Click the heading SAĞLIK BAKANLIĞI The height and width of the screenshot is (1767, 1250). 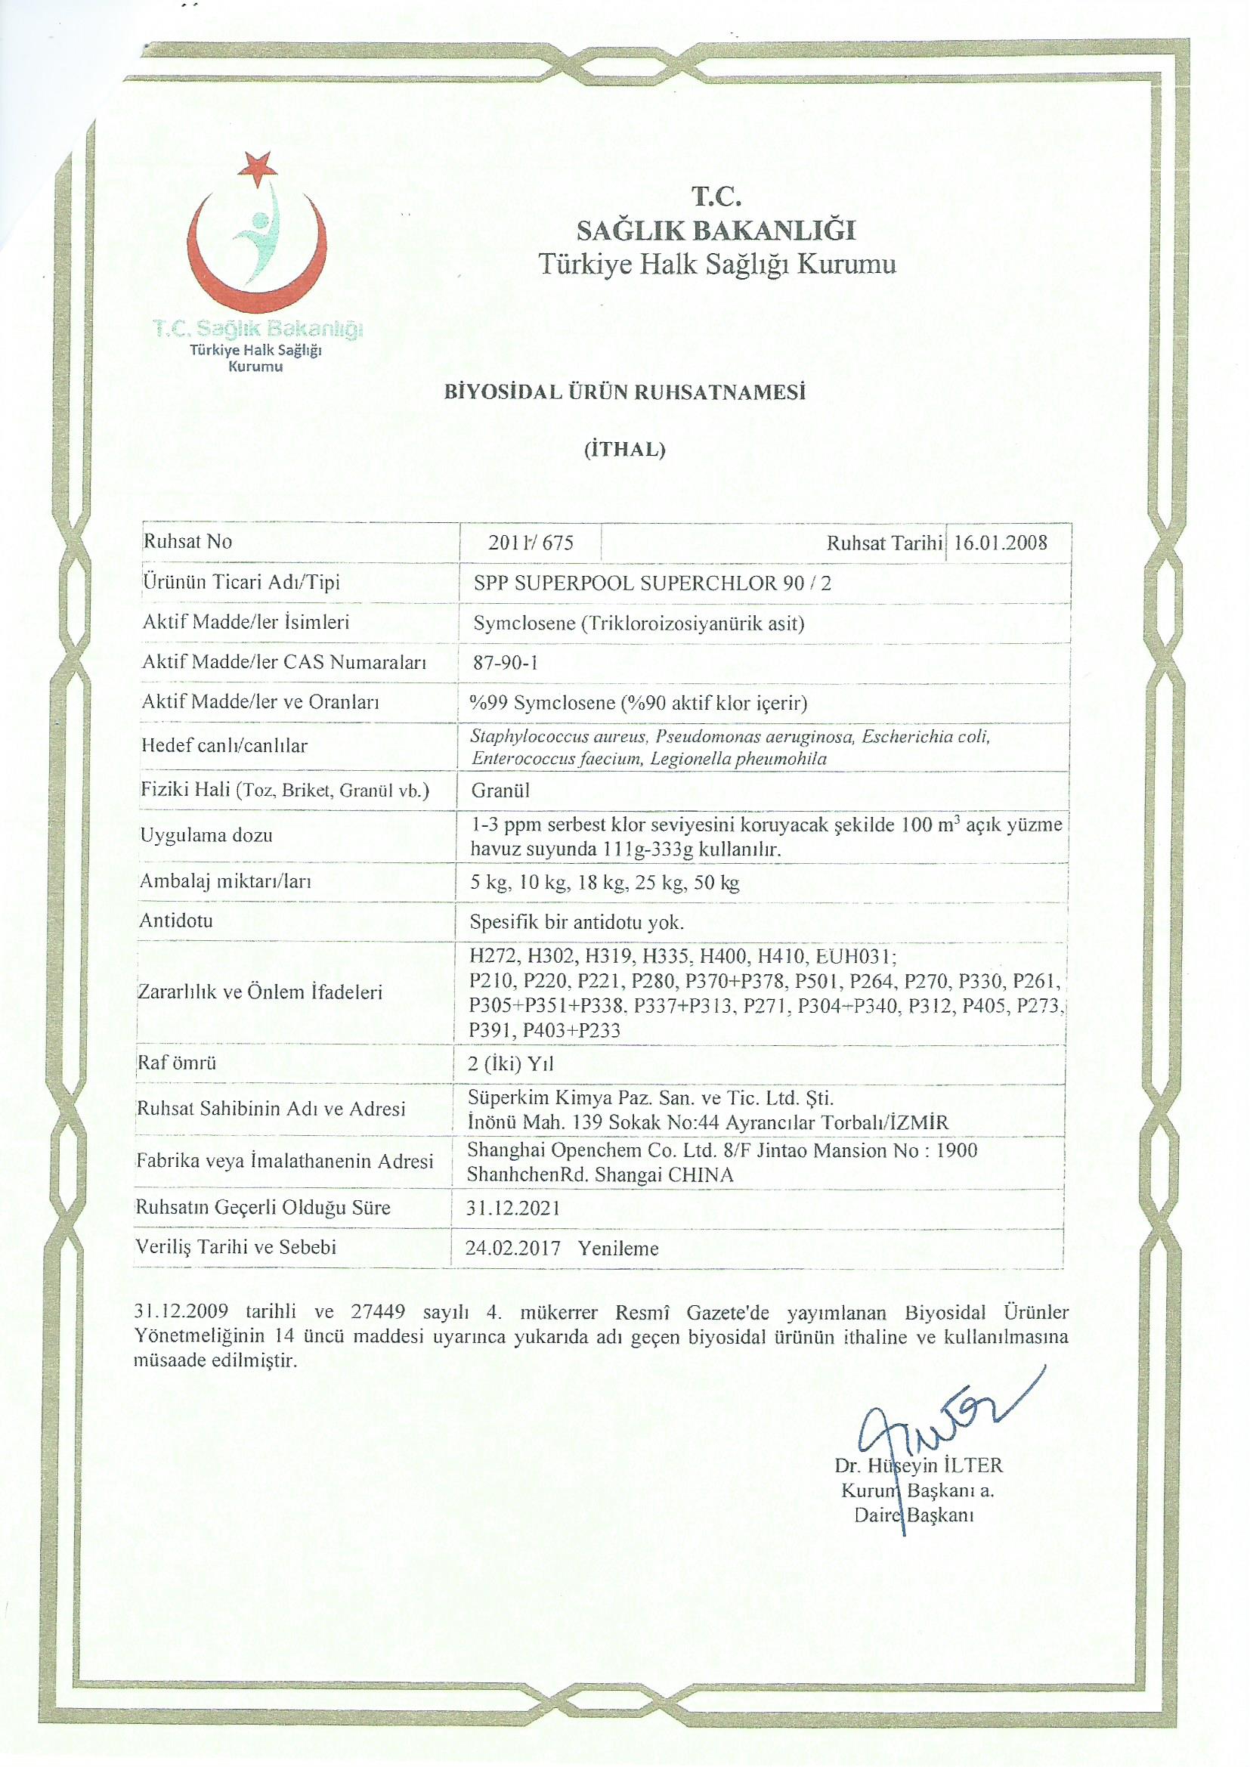pyautogui.click(x=716, y=230)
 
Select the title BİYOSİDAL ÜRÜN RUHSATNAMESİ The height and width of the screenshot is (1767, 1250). pyautogui.click(x=625, y=392)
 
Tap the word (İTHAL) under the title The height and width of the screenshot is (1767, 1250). pyautogui.click(x=625, y=450)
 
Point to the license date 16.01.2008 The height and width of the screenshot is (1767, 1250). pyautogui.click(x=1001, y=543)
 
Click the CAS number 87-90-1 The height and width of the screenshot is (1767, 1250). pyautogui.click(x=506, y=663)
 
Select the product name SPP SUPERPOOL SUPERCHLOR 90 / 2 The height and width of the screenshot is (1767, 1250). pyautogui.click(x=653, y=583)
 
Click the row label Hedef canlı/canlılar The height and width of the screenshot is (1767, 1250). pyautogui.click(x=224, y=745)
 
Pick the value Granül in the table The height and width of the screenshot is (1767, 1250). pyautogui.click(x=501, y=791)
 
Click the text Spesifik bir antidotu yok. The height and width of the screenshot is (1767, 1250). pyautogui.click(x=577, y=922)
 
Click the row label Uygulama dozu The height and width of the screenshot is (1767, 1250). pyautogui.click(x=206, y=835)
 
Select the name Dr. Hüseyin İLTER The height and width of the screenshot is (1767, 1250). pyautogui.click(x=918, y=1465)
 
